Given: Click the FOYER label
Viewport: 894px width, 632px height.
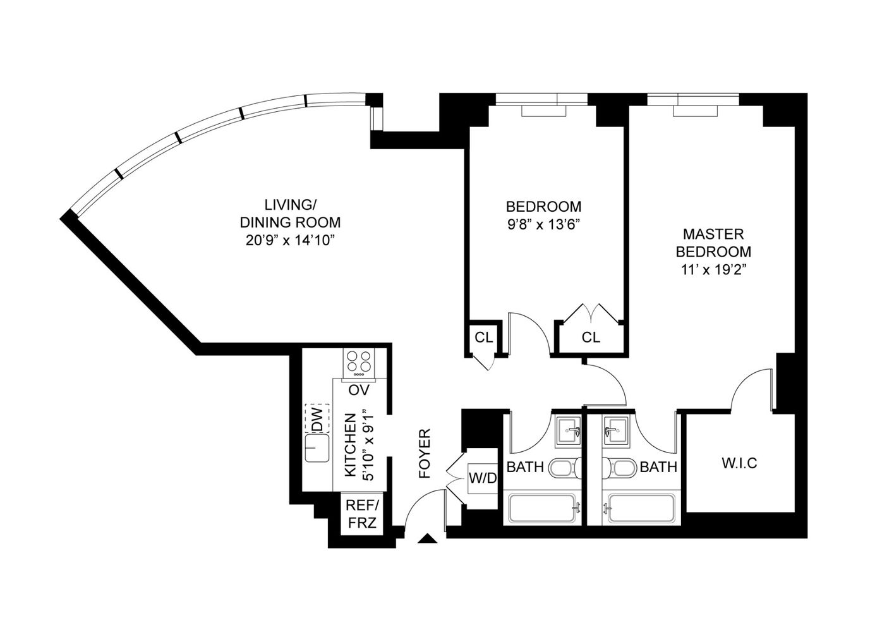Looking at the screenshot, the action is pos(425,453).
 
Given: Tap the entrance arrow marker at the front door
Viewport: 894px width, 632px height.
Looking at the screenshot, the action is pos(428,538).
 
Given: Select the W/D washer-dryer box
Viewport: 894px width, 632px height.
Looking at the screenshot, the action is pos(483,478).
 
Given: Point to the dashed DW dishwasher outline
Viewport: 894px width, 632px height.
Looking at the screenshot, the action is pos(317,418).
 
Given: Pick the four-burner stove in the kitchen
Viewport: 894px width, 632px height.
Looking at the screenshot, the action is pos(358,363).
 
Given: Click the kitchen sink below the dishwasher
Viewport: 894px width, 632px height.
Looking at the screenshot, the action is pos(317,448).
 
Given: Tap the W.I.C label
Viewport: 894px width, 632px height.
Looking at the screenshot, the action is pos(740,463).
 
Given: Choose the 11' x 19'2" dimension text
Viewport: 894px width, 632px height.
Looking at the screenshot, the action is pos(713,270).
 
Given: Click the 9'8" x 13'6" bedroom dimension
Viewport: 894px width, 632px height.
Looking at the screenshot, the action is pos(543,225).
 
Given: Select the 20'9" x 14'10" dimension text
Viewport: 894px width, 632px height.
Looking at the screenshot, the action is pos(290,240).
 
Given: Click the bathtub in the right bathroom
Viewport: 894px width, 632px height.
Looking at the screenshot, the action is pos(641,507).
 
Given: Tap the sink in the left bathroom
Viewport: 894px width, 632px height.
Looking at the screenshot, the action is pos(569,431).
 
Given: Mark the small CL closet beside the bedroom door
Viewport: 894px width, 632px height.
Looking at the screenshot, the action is pos(484,337).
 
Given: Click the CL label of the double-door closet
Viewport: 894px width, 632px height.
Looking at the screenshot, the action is pos(591,337).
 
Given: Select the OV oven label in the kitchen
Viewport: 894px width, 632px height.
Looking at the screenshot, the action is pos(359,390).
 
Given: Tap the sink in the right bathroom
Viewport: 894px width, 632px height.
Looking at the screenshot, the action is pos(615,431).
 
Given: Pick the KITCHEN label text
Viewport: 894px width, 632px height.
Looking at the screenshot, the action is pos(350,445).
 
